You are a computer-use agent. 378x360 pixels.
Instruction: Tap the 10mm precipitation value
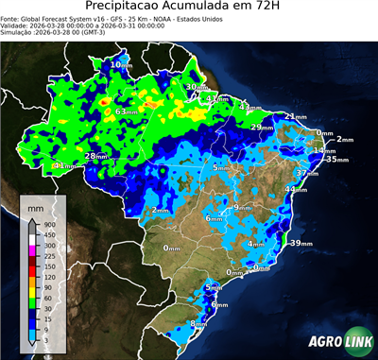pos(121,64)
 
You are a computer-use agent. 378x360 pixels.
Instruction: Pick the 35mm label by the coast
pos(334,160)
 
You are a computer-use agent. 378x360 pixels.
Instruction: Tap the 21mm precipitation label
pos(295,117)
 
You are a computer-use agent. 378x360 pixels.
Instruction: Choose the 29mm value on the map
pos(262,128)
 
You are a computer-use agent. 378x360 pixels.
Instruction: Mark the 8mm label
pos(199,324)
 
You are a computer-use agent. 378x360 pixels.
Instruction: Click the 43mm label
pos(249,108)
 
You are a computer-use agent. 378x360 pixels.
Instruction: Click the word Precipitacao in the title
pos(136,9)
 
